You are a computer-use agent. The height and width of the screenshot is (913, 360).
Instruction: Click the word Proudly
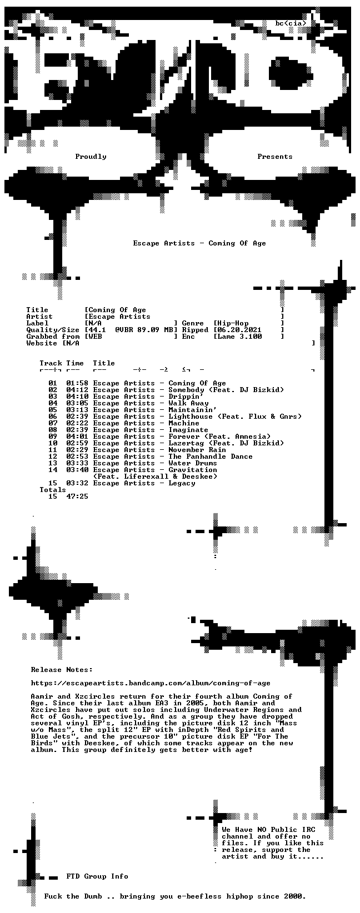coord(91,157)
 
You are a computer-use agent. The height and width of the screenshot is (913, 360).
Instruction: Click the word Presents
coord(275,157)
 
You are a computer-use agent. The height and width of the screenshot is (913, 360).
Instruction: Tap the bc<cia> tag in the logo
coord(291,23)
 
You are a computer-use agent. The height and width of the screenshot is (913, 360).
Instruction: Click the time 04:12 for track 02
coord(77,390)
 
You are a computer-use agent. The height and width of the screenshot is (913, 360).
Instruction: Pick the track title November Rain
coord(197,450)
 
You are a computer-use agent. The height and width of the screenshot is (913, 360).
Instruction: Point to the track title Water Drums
coord(192,463)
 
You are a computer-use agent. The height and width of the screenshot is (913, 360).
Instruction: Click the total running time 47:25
coord(77,496)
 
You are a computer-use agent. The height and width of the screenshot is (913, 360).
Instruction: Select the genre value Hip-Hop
coord(233,323)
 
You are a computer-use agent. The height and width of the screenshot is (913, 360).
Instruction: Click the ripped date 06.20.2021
coord(239,330)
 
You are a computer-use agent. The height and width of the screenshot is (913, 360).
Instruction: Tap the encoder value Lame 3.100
coord(239,337)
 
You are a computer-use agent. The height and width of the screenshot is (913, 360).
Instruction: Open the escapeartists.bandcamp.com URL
coord(151,683)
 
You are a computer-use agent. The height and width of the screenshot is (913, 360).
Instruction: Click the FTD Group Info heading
coord(97,876)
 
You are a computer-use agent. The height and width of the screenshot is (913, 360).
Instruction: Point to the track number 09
coord(53,437)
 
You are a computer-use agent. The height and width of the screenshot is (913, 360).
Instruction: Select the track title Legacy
coord(182,483)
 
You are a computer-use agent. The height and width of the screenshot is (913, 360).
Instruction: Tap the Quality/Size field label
coord(53,330)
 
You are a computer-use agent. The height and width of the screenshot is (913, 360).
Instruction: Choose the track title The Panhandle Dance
coord(211,456)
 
